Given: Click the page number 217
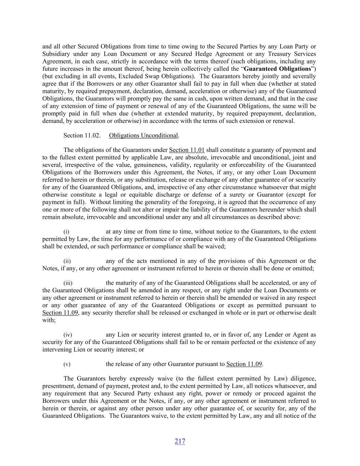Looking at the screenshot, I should click(x=180, y=441).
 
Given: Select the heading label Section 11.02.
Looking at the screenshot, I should click(x=82, y=136).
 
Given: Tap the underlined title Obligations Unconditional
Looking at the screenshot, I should click(x=143, y=136).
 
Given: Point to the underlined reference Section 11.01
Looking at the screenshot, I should click(x=187, y=150).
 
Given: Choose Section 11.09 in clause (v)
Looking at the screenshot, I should click(x=244, y=364).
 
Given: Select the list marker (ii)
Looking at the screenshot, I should click(x=67, y=261).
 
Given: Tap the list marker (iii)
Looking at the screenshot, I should click(x=68, y=283).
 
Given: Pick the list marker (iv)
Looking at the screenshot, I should click(x=68, y=335).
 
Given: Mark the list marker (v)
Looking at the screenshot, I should click(x=67, y=364).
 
